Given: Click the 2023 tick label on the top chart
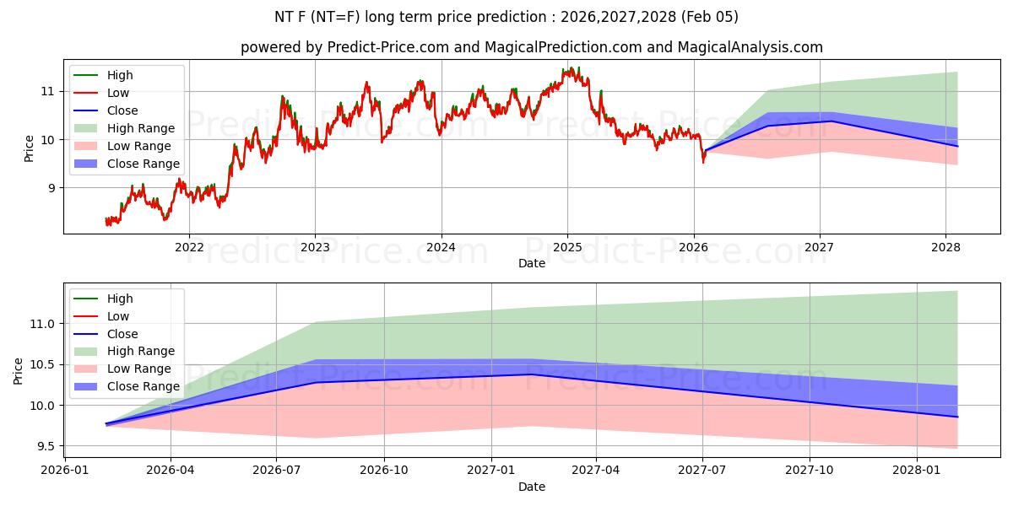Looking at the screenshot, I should point(315,247).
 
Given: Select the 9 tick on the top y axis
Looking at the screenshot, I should point(53,188).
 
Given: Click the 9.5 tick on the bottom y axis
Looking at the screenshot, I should point(44,446).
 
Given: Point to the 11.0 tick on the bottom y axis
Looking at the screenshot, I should point(41,324).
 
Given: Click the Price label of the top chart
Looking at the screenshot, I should point(29,148).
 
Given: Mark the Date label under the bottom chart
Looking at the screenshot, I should point(532,487).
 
